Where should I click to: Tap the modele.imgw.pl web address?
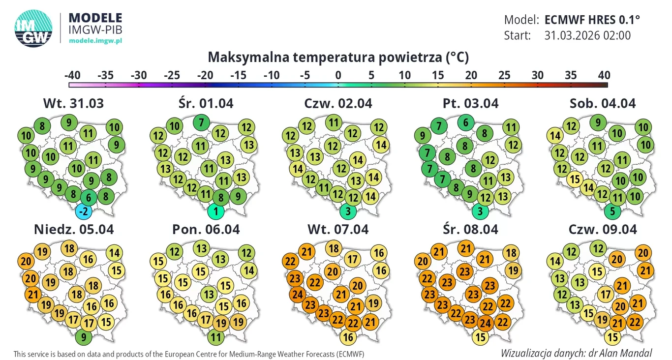pyautogui.click(x=95, y=40)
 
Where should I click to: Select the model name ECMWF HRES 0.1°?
pyautogui.click(x=592, y=20)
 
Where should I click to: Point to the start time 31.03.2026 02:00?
pyautogui.click(x=587, y=35)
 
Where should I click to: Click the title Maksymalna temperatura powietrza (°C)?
pyautogui.click(x=338, y=58)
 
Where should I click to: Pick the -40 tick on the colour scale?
pyautogui.click(x=72, y=76)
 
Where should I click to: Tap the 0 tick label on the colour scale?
pyautogui.click(x=338, y=76)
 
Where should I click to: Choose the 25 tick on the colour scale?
pyautogui.click(x=504, y=76)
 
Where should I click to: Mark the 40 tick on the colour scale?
pyautogui.click(x=604, y=76)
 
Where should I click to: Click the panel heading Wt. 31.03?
pyautogui.click(x=74, y=104)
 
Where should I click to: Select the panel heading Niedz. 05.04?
pyautogui.click(x=74, y=229)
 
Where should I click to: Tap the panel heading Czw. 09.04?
pyautogui.click(x=603, y=229)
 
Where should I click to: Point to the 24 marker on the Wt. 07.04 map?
pyautogui.click(x=297, y=296)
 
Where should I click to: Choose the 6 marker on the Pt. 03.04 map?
pyautogui.click(x=465, y=122)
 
